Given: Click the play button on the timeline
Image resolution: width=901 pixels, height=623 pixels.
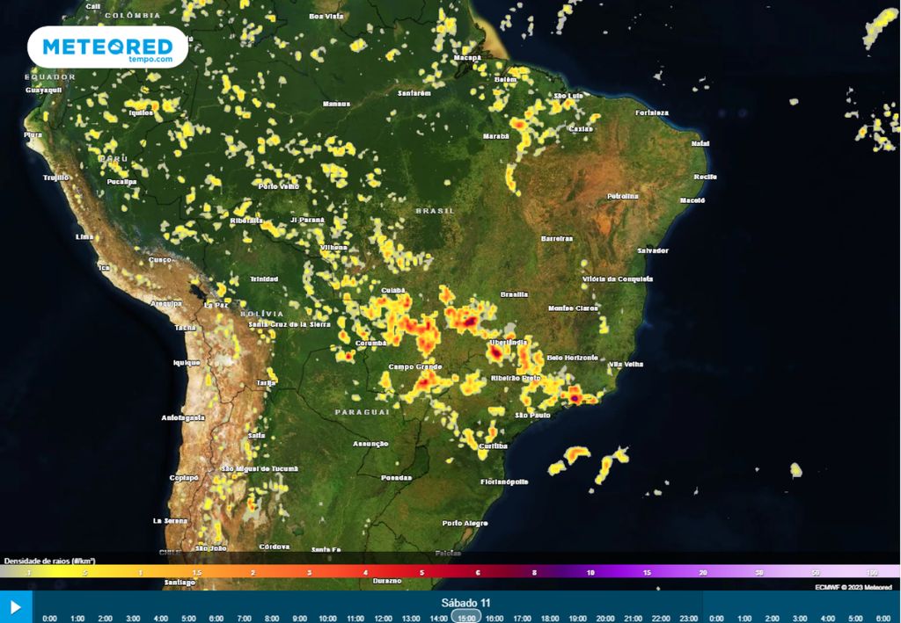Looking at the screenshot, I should coord(16,607).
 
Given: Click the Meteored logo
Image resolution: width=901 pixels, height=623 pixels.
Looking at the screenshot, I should coord(107,47).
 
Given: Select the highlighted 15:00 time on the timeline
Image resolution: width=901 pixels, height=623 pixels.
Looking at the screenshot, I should coord(466,618).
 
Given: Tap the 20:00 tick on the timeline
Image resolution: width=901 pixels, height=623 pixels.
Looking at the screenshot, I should coord(605,618).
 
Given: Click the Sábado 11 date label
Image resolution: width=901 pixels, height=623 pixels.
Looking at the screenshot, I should coord(465,603).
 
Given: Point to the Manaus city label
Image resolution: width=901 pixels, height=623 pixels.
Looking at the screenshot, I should coord(336,104).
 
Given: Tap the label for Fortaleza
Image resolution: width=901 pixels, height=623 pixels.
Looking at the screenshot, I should coord(651,112).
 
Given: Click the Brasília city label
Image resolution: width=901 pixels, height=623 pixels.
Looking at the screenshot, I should coord(514,293).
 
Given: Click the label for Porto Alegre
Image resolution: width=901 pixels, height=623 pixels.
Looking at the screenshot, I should coord(465,523).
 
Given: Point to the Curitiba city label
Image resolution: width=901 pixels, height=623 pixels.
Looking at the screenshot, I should coord(494,446).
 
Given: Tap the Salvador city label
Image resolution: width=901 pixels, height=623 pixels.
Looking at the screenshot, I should coord(653,250).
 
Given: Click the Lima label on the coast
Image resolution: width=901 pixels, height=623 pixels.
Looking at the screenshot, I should coord(84,237).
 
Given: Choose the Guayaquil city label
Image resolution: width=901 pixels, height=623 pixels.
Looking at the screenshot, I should coord(42,91).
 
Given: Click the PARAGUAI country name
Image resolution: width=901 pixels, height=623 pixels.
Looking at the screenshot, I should coord(362,411).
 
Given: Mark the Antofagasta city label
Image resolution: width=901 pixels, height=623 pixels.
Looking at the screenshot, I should coord(184,417).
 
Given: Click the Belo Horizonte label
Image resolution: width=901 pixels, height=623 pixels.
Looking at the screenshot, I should coord(572,358).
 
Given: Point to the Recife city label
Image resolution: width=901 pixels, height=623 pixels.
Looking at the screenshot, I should coord(705,177).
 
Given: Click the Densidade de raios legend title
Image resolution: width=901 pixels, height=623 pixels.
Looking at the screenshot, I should coord(49,561).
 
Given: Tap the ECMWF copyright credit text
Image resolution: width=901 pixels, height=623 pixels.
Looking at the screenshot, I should coord(853,587).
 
